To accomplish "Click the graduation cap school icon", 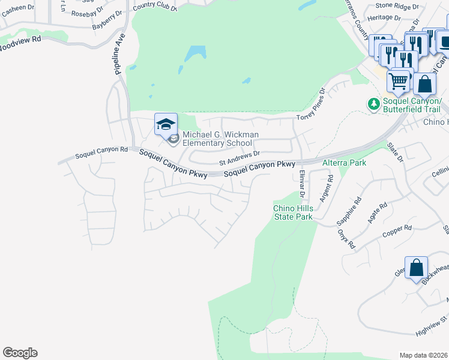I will (166, 125).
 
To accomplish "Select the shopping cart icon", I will (399, 81).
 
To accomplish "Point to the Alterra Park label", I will (344, 163).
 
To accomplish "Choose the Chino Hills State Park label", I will (293, 212).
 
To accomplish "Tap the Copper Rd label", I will (397, 230).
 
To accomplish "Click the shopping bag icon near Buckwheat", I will (416, 268).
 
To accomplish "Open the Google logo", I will (20, 353).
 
